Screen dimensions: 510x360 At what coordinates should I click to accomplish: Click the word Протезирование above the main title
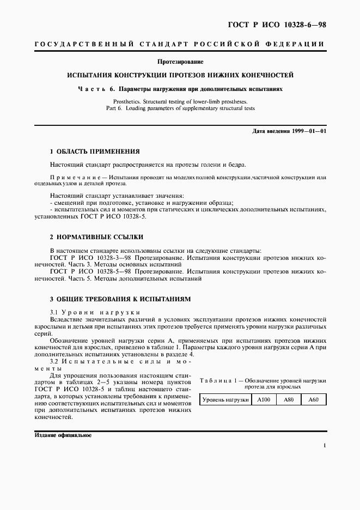[x=180, y=62]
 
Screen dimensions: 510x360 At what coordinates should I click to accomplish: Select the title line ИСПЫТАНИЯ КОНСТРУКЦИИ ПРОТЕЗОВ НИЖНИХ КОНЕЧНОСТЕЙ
[x=180, y=75]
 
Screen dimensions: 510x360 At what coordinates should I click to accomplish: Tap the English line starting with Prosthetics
[x=180, y=101]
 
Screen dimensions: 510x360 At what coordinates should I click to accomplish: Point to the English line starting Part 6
[x=180, y=108]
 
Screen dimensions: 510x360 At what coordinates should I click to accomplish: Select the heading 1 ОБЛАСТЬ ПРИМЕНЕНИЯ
[x=95, y=151]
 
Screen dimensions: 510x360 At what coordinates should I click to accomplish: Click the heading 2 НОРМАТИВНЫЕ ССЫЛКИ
[x=96, y=238]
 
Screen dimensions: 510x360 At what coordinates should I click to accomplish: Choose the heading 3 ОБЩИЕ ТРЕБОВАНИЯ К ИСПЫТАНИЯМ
[x=120, y=300]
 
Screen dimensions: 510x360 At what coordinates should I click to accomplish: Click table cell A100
[x=264, y=400]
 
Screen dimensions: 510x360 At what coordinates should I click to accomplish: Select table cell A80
[x=289, y=400]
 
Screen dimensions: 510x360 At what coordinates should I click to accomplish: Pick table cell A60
[x=313, y=400]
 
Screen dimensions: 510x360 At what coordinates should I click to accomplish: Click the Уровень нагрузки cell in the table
[x=225, y=400]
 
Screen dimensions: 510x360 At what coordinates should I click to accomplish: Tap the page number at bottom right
[x=324, y=446]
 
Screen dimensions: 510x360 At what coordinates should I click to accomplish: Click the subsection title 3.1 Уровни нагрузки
[x=88, y=312]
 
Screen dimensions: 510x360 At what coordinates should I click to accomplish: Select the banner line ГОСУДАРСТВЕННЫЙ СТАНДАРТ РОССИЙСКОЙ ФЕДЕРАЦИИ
[x=180, y=44]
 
